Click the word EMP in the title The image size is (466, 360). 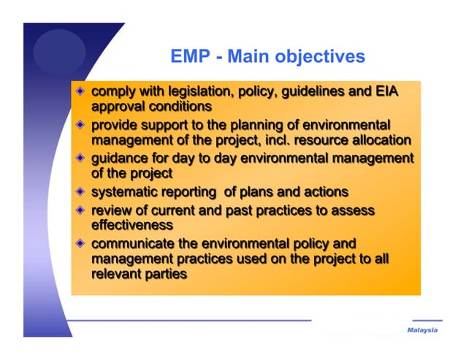tap(188, 56)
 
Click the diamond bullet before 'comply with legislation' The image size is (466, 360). tap(80, 93)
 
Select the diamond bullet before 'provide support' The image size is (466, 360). tap(80, 126)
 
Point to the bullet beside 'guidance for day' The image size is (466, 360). tap(80, 158)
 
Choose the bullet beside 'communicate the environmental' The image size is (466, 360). tap(80, 244)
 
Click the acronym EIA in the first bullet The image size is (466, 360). tap(388, 93)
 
